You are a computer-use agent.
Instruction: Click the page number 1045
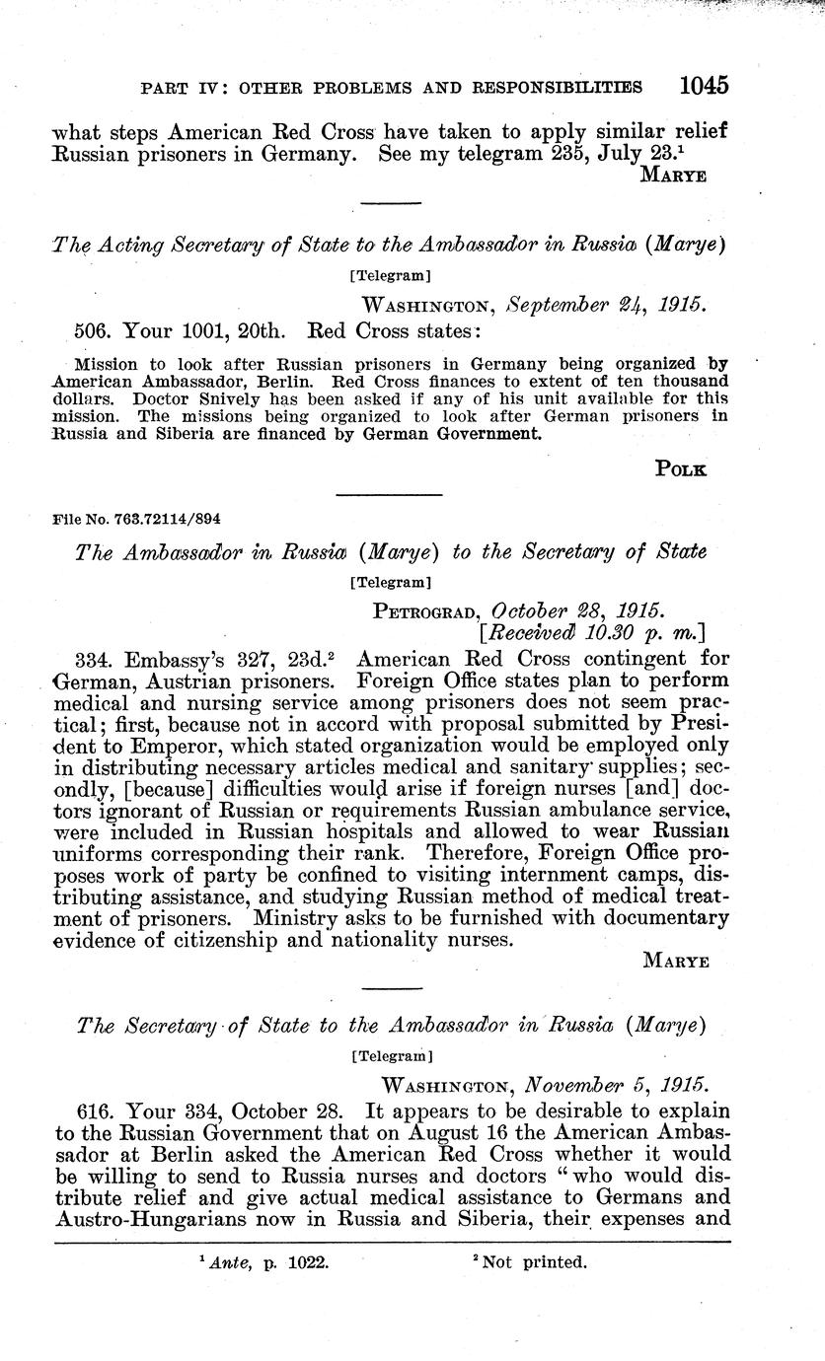pos(703,86)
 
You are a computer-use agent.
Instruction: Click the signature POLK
pos(681,469)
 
